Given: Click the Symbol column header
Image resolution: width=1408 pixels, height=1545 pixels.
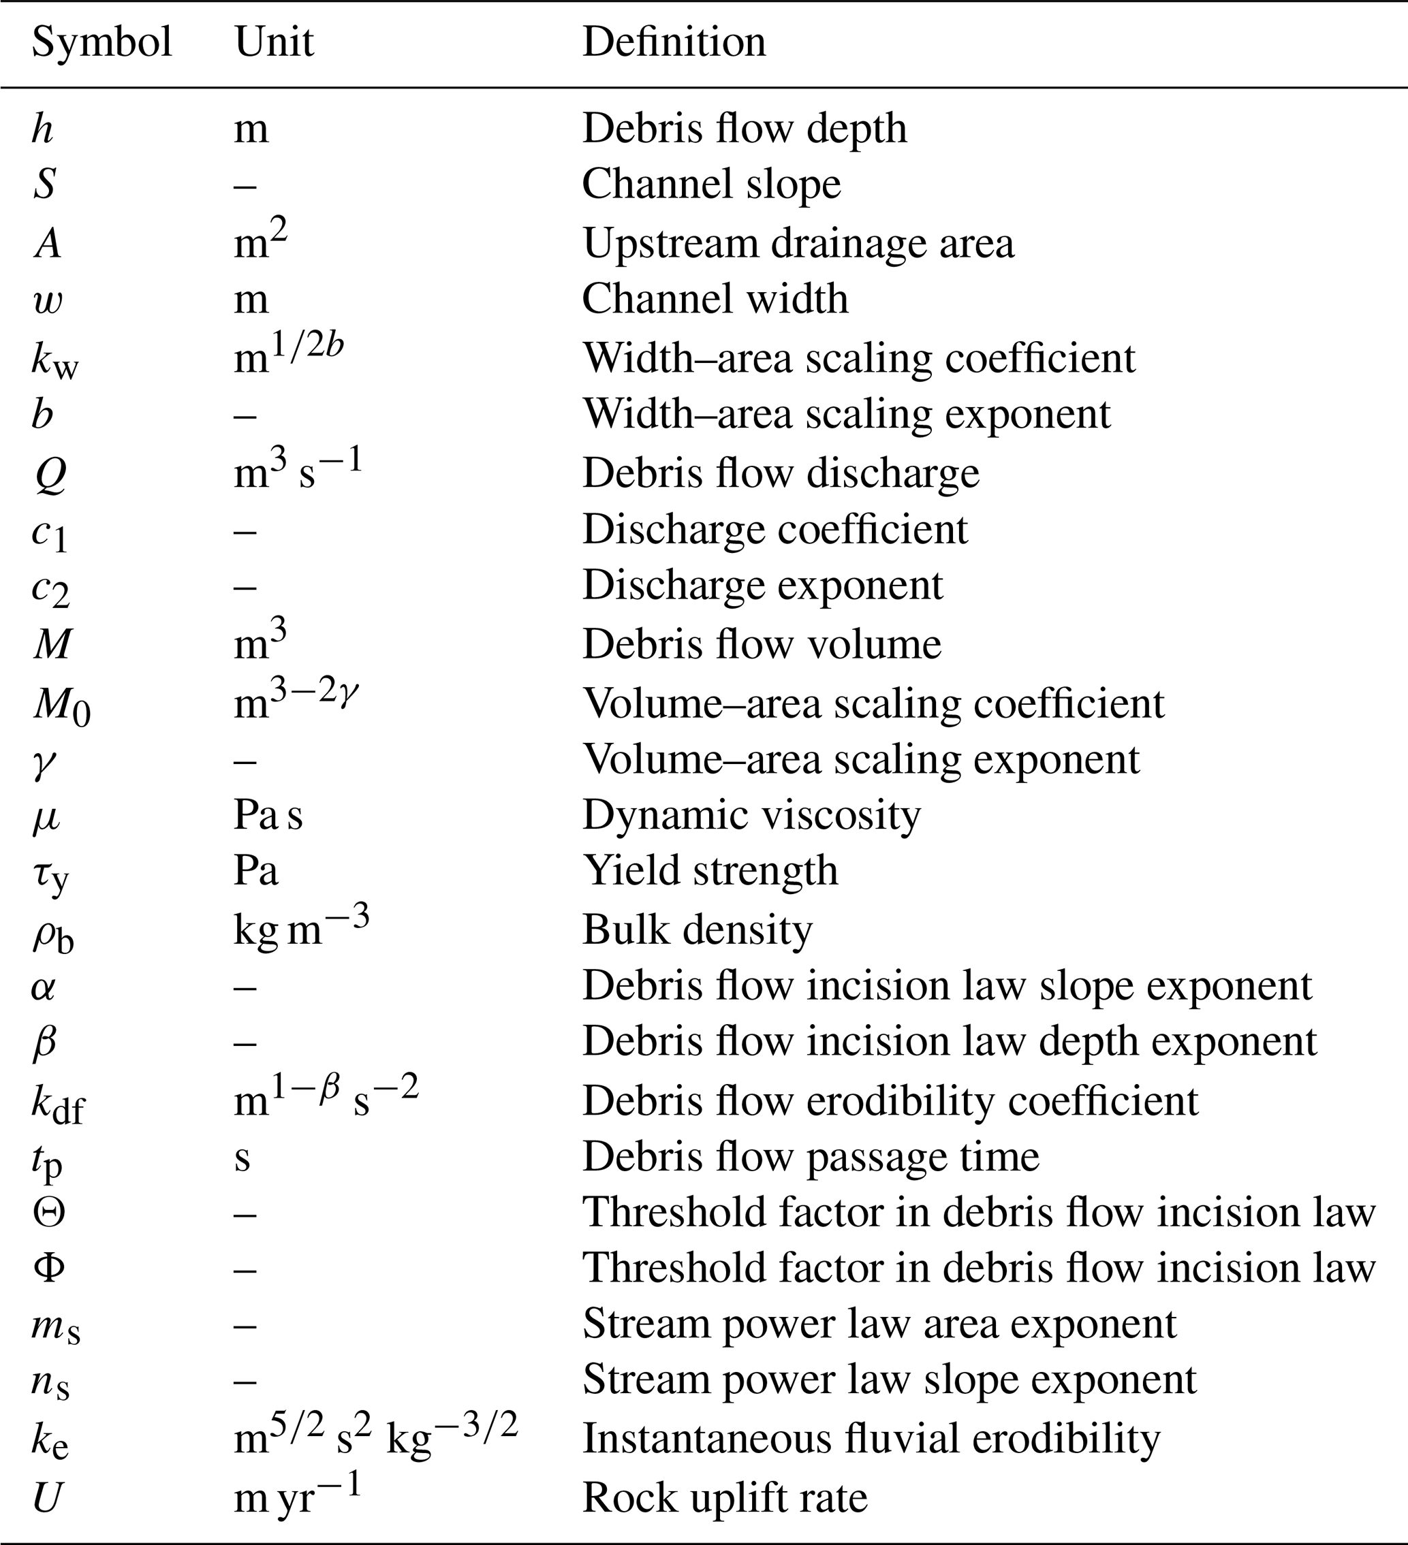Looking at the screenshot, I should pos(101,42).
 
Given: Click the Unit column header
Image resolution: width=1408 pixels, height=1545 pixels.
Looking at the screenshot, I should pos(274,42).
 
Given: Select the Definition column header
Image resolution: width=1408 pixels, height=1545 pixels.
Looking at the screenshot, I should pos(674,42).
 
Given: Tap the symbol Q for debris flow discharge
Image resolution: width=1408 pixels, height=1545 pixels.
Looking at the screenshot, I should pos(50,475).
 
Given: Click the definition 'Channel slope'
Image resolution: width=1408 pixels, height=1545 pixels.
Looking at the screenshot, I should pos(711,185).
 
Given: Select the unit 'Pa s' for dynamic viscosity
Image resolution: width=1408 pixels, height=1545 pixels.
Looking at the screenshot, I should pos(268,816).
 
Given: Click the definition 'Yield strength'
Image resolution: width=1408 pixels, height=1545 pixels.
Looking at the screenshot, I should pos(710,872).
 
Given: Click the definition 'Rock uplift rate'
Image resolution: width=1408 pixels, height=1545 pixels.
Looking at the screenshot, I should pos(724,1497).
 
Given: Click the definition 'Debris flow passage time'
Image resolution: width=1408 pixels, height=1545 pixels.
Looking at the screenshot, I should pos(810,1156).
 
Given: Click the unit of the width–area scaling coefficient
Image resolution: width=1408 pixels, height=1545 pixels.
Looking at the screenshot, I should pos(288,355).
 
